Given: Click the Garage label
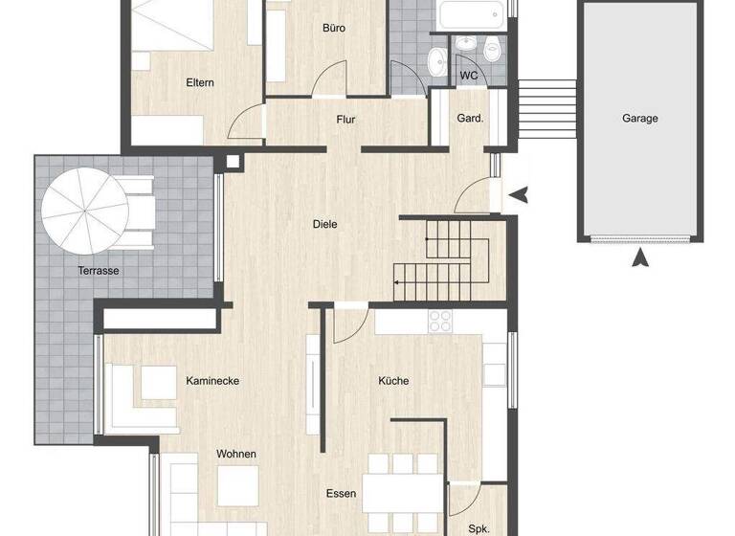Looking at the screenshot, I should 639,119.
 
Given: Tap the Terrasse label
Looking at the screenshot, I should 99,271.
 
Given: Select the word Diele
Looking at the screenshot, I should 325,225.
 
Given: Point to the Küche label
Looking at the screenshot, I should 393,381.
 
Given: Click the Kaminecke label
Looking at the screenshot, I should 212,381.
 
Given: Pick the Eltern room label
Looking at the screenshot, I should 200,83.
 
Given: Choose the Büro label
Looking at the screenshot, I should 334,29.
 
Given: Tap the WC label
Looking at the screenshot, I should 469,76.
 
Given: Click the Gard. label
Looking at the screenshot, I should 470,120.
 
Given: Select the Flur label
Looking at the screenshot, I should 345,120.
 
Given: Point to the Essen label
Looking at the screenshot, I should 341,494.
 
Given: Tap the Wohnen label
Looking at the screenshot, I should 235,454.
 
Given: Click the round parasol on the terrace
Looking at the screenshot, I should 82,212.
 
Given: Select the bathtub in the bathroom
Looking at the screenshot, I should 471,14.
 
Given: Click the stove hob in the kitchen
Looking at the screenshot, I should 440,322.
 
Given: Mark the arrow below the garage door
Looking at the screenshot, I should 640,257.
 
